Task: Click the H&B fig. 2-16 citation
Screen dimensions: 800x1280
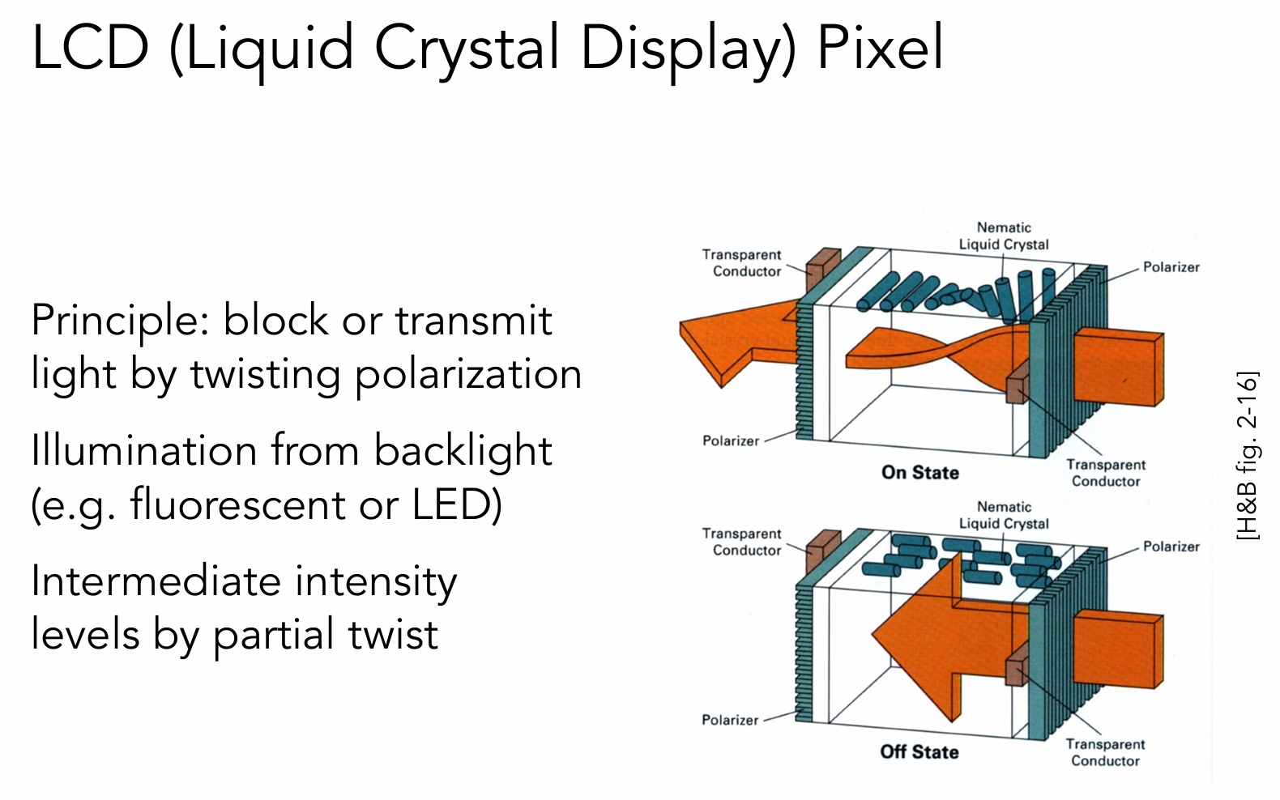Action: [x=1248, y=456]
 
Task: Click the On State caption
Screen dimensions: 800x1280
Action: [x=919, y=472]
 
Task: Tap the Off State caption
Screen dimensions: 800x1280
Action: [x=919, y=751]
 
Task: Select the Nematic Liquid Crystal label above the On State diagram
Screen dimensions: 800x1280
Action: [x=1003, y=236]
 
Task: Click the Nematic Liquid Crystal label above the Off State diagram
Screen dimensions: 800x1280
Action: [x=1003, y=515]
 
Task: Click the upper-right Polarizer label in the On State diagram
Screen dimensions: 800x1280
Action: [x=1170, y=267]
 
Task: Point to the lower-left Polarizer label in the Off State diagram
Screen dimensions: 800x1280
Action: [x=729, y=720]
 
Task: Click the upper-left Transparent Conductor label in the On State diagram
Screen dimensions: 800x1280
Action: [x=741, y=263]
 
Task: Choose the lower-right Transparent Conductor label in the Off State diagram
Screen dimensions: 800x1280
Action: [x=1105, y=752]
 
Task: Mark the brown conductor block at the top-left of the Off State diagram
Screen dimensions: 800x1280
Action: [x=823, y=547]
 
